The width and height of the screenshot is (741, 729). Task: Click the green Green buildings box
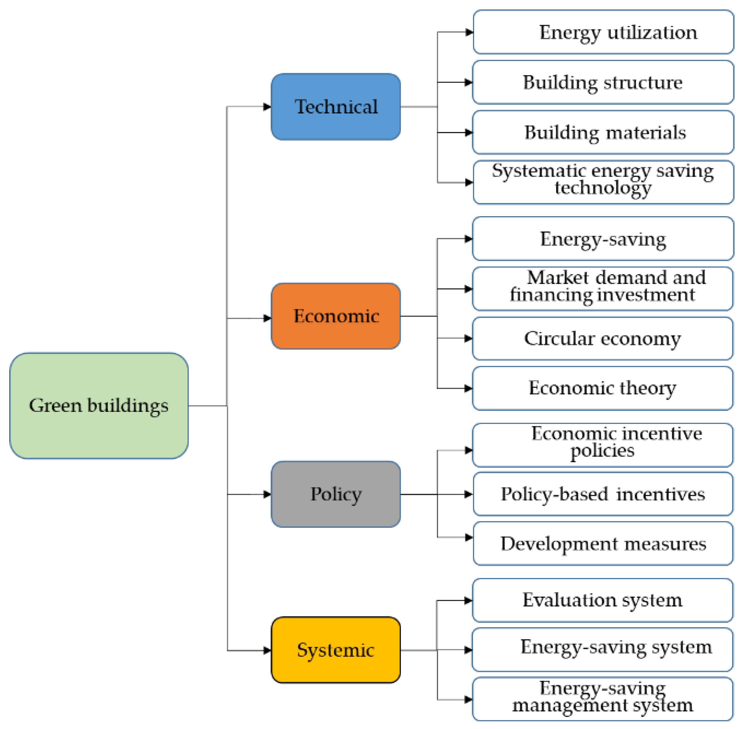(x=99, y=405)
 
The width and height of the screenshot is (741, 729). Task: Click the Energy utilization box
(x=603, y=32)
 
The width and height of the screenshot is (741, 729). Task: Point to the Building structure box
(x=603, y=82)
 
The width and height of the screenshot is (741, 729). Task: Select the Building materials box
(x=603, y=133)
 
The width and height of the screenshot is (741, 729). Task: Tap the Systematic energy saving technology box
(x=603, y=182)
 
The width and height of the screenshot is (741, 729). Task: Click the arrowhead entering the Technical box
(x=267, y=107)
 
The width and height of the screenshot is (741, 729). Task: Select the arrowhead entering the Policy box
(x=267, y=494)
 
